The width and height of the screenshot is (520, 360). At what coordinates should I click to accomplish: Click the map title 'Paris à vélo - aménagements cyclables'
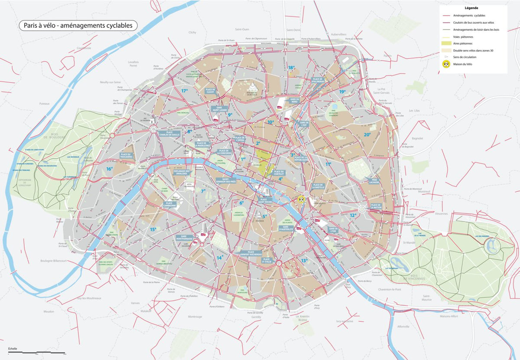[x=78, y=26]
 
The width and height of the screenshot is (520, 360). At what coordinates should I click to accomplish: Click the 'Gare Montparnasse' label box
[x=184, y=238]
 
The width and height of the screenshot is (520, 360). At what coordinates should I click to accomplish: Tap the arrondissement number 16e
[x=109, y=169]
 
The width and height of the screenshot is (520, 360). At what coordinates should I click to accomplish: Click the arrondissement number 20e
[x=367, y=134]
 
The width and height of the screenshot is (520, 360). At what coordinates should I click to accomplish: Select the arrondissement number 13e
[x=304, y=260]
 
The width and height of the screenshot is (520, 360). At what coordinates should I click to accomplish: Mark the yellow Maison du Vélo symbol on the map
[x=301, y=200]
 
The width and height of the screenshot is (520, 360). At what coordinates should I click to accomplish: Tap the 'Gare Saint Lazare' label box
[x=219, y=108]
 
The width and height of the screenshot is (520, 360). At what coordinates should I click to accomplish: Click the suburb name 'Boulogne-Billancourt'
[x=54, y=261]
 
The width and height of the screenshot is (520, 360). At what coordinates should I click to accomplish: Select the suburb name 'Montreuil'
[x=425, y=191]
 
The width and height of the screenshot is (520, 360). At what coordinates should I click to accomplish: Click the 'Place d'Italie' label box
[x=266, y=261]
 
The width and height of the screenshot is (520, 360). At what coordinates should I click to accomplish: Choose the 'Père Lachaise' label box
[x=374, y=181]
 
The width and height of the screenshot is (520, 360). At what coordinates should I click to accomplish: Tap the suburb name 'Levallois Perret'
[x=133, y=64]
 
